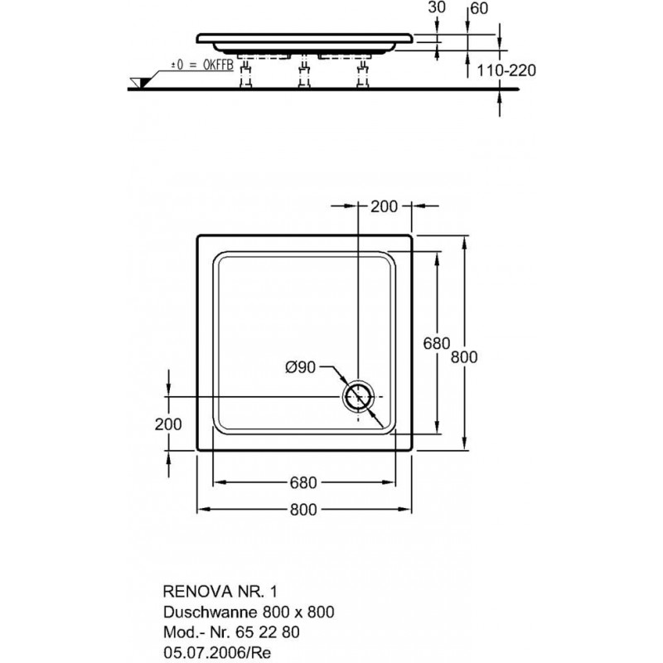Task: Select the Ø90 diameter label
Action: [301, 367]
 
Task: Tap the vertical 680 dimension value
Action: [437, 343]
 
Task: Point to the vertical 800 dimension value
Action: [464, 357]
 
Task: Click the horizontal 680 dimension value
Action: [303, 482]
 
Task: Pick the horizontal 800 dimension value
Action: [303, 510]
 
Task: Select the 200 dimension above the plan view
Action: [385, 206]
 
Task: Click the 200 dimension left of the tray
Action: [168, 424]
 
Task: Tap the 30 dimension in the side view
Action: [437, 7]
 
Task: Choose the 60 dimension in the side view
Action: [479, 8]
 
